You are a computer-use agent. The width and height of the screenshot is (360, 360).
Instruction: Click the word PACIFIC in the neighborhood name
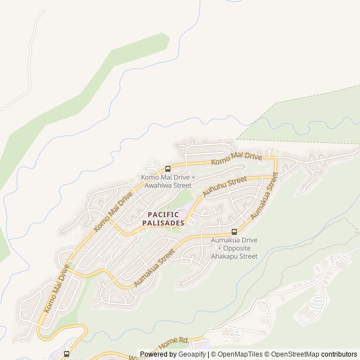pyautogui.click(x=163, y=214)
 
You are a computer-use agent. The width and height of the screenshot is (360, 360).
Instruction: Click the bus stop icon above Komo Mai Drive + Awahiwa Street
pyautogui.click(x=168, y=168)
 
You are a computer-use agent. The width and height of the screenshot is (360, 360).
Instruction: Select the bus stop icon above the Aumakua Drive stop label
pyautogui.click(x=234, y=232)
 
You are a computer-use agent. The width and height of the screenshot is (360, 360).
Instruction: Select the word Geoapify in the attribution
pyautogui.click(x=191, y=354)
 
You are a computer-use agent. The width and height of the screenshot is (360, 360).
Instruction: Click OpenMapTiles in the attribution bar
pyautogui.click(x=239, y=354)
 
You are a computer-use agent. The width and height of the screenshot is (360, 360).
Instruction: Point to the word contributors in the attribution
pyautogui.click(x=338, y=354)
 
